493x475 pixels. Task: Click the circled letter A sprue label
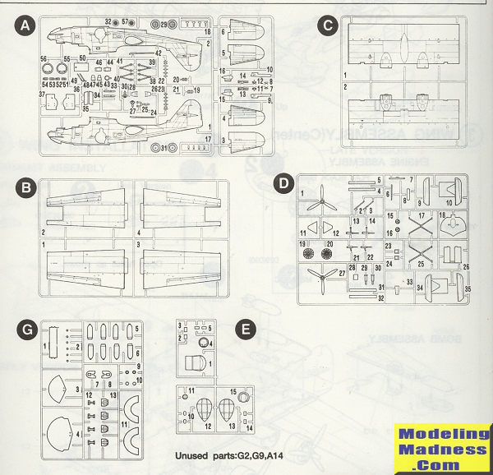(x=27, y=26)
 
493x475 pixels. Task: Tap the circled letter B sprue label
(x=27, y=189)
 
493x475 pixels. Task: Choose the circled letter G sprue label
(x=27, y=330)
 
